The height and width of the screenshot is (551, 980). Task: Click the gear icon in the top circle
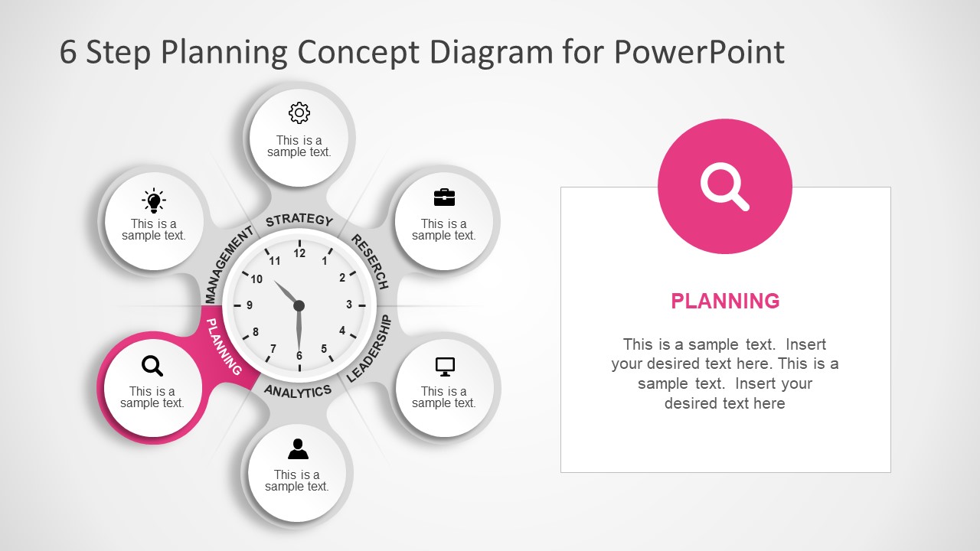coord(299,113)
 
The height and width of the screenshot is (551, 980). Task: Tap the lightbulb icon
coord(154,201)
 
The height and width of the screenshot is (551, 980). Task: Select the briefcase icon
coord(444,197)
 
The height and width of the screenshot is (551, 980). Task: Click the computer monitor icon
coord(445,367)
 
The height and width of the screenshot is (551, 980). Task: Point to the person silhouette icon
coord(298,448)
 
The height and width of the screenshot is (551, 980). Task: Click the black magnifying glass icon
coord(153,366)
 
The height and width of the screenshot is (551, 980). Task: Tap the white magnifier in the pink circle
coord(724,187)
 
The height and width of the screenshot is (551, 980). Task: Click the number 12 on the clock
coord(299,253)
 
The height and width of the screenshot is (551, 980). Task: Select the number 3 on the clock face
coord(349,305)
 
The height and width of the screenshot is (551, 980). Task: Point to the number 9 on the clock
coord(250,305)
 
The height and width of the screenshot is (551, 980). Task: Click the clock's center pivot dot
coord(299,305)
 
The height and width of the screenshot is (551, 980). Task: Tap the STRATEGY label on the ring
coord(299,220)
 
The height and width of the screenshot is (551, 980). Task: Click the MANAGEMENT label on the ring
coord(228,265)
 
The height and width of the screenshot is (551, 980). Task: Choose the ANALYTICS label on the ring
coord(298,391)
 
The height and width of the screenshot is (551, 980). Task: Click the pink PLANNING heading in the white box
coord(725,302)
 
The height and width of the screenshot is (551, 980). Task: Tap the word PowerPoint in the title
coord(699,52)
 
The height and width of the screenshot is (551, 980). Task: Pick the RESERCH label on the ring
coord(370,261)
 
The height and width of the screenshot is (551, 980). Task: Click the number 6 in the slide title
coord(68,53)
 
